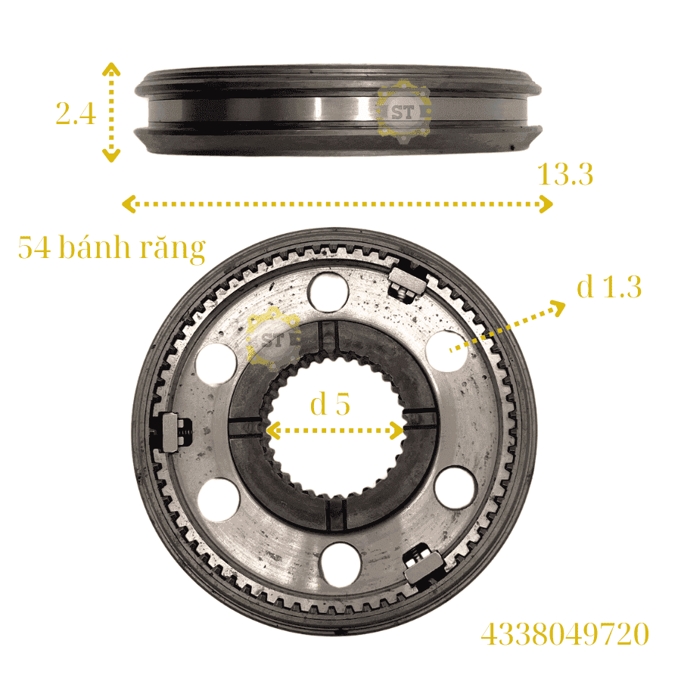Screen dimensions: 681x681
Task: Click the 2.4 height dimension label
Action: [75, 113]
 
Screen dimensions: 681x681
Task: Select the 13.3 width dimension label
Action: [564, 175]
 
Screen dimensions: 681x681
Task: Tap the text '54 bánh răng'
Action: [112, 248]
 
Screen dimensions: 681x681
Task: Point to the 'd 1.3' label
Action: [608, 288]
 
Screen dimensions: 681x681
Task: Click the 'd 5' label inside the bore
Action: [331, 405]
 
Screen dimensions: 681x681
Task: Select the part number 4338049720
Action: [564, 634]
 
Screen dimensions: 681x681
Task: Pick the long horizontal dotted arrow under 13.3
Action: [337, 204]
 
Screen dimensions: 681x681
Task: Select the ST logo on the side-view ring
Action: [403, 111]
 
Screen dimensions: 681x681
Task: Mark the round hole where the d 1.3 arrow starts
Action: [446, 350]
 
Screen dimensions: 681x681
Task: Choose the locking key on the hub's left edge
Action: [173, 434]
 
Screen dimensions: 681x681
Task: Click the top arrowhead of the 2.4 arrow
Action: [111, 68]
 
